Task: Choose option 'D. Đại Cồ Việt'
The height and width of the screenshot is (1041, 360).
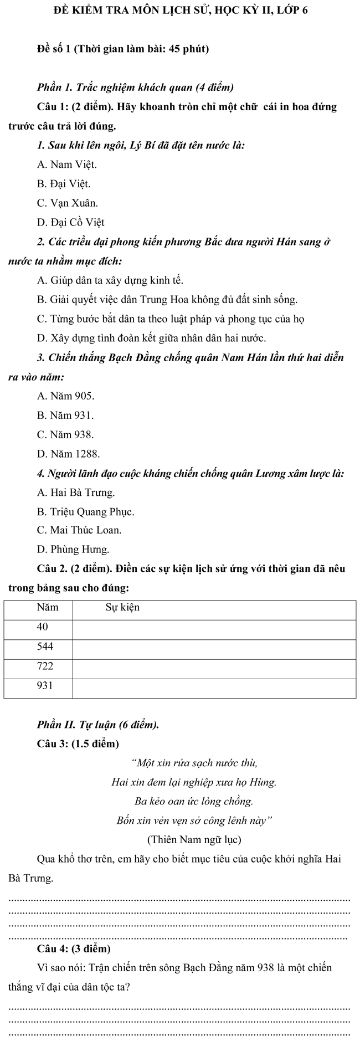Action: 70,222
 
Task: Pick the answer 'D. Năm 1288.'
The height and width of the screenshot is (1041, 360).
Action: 68,454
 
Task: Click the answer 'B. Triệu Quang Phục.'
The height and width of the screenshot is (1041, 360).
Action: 85,511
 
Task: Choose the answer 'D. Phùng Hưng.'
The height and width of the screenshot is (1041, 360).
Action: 73,550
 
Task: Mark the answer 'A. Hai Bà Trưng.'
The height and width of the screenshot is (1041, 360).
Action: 76,492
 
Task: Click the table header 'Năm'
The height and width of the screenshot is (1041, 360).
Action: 48,607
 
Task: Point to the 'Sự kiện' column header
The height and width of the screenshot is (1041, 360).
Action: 122,607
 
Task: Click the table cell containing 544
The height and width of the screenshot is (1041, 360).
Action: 45,646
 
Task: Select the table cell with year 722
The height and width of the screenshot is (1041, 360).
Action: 45,665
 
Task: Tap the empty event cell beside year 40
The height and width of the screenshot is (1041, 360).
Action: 214,627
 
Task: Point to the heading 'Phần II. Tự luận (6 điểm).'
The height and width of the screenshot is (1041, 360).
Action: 97,724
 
